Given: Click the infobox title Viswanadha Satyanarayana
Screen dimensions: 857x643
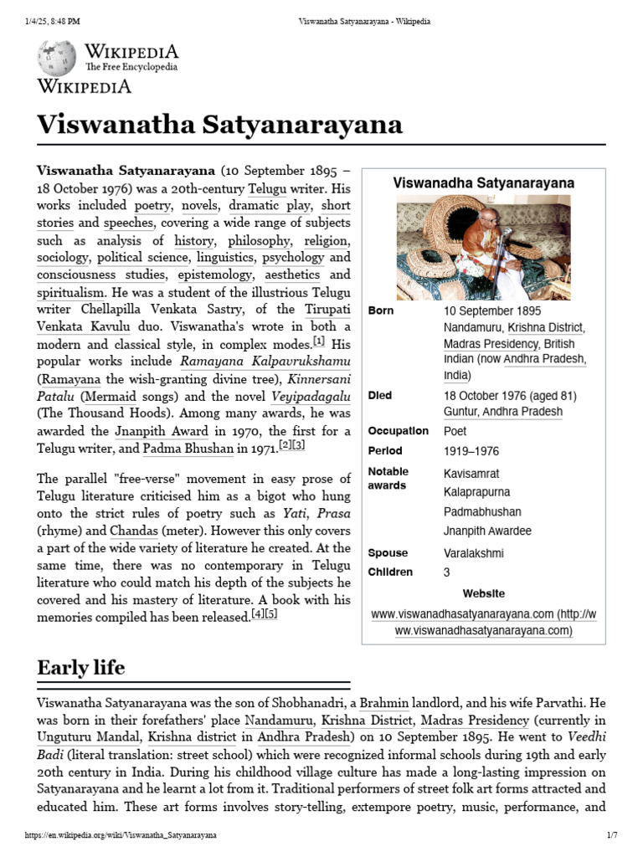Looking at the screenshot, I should coord(484,182).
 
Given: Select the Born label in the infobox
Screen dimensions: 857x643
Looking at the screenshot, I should coord(380,310).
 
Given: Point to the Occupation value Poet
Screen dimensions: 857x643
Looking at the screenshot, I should coord(455,431).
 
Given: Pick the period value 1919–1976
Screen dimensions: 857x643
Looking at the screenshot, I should coord(472,451).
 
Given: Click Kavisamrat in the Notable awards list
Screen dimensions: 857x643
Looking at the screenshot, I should coord(471,474).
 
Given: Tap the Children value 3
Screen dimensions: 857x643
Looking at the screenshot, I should coord(447,572).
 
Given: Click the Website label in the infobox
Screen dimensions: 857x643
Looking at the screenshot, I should coord(483,593).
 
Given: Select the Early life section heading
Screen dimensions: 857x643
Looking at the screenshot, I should coord(80,667).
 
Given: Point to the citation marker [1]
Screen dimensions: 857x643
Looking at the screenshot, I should coord(319,341).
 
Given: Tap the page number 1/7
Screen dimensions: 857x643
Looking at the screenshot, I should coord(611,835).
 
